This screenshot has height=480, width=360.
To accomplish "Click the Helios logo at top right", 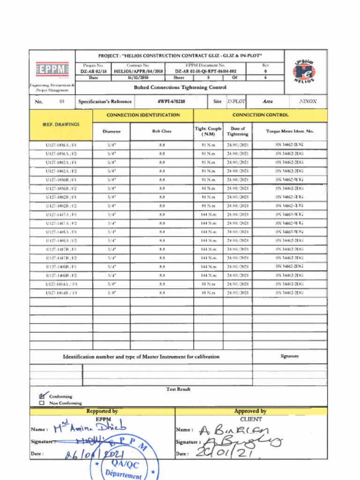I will pyautogui.click(x=304, y=72).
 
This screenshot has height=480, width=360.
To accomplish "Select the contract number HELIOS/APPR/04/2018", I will pyautogui.click(x=138, y=71).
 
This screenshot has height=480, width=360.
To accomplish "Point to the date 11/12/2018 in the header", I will pyautogui.click(x=138, y=78).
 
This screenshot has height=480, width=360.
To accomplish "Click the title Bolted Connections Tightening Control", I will pyautogui.click(x=180, y=87).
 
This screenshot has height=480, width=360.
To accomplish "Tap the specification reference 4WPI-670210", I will pyautogui.click(x=171, y=101).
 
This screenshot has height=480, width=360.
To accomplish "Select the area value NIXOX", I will pyautogui.click(x=307, y=101).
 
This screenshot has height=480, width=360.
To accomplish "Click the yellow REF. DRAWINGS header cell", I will pyautogui.click(x=61, y=125).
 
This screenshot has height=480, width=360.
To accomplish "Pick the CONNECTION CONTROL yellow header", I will pyautogui.click(x=261, y=115).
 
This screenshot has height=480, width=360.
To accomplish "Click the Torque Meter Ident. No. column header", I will pyautogui.click(x=290, y=131).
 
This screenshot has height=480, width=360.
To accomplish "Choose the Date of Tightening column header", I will pyautogui.click(x=238, y=131).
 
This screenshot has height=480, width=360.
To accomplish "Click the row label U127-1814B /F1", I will pyautogui.click(x=61, y=292).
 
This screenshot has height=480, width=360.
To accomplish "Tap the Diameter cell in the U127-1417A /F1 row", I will pyautogui.click(x=112, y=214).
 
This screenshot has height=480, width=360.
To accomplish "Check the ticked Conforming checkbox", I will pyautogui.click(x=42, y=396).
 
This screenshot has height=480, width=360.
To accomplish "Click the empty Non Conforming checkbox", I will pyautogui.click(x=42, y=403).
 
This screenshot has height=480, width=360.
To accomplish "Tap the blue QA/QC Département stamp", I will pyautogui.click(x=124, y=466).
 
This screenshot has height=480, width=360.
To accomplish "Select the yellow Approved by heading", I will pyautogui.click(x=250, y=411).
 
